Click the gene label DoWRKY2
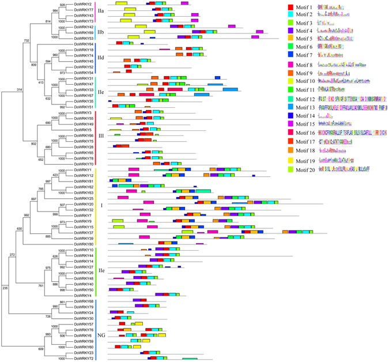83,4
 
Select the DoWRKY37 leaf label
84,232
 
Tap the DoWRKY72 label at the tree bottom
84,358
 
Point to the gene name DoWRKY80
84,244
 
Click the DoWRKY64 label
84,44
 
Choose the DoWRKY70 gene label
84,164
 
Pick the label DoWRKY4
83,295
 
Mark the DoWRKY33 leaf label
84,90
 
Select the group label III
102,136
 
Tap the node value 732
27,40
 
